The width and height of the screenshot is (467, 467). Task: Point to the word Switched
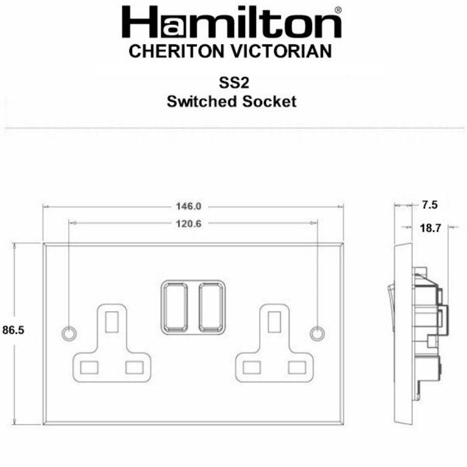coord(200,101)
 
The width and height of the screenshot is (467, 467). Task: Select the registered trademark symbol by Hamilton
coord(338,10)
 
